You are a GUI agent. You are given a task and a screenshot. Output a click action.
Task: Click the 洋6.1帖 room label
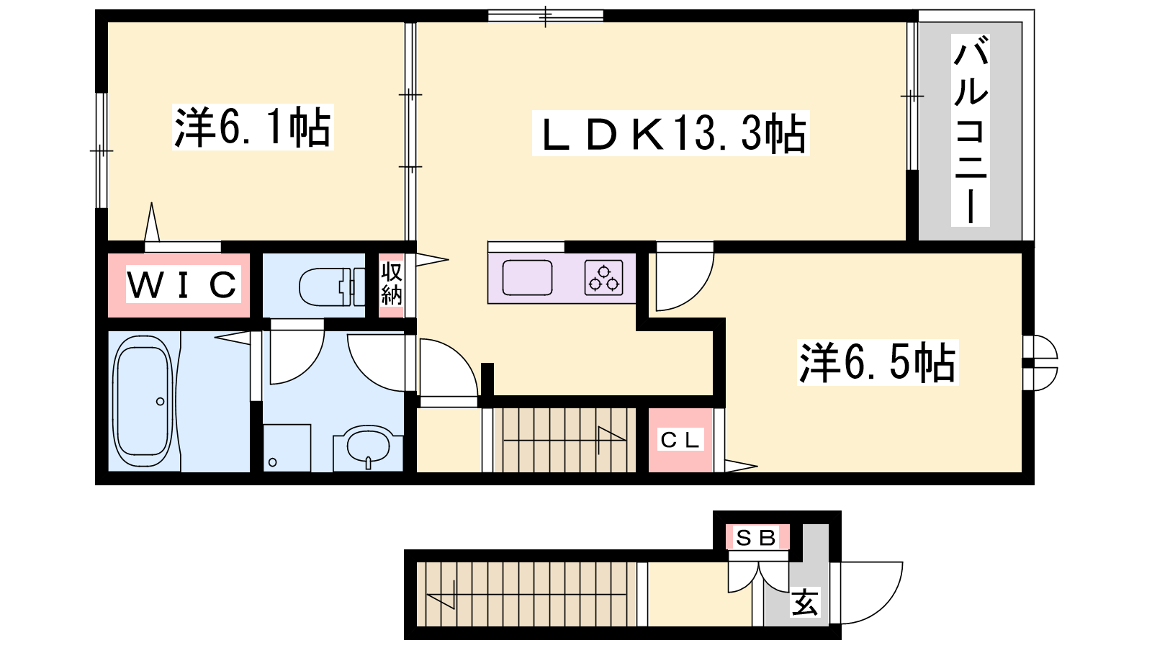coord(253,127)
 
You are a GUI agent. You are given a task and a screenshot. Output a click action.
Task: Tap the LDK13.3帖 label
coord(671,133)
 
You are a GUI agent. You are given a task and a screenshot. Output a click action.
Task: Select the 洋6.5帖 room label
coord(878,362)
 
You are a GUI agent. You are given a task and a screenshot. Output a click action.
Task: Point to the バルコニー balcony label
coord(970,130)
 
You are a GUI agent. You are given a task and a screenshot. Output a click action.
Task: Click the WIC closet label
coord(183,284)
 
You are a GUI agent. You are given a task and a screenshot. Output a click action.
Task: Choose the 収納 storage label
coord(392,284)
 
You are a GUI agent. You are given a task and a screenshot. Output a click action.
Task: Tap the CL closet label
coord(680,440)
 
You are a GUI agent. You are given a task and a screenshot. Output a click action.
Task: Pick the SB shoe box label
coord(756,538)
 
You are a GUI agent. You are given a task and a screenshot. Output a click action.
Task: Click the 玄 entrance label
coord(805,601)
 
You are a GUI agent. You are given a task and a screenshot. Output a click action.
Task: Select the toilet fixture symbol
coord(332,287)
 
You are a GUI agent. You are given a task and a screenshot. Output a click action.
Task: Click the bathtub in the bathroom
coord(143,401)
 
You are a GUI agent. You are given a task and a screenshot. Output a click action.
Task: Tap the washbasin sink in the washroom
coord(368,446)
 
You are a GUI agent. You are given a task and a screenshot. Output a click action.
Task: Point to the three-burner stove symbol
coord(604,278)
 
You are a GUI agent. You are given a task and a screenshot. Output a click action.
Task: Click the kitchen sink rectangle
coord(527,278)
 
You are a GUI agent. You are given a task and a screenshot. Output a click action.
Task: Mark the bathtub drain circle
coord(161,401)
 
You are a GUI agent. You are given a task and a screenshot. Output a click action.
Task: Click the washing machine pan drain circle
coord(273,462)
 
